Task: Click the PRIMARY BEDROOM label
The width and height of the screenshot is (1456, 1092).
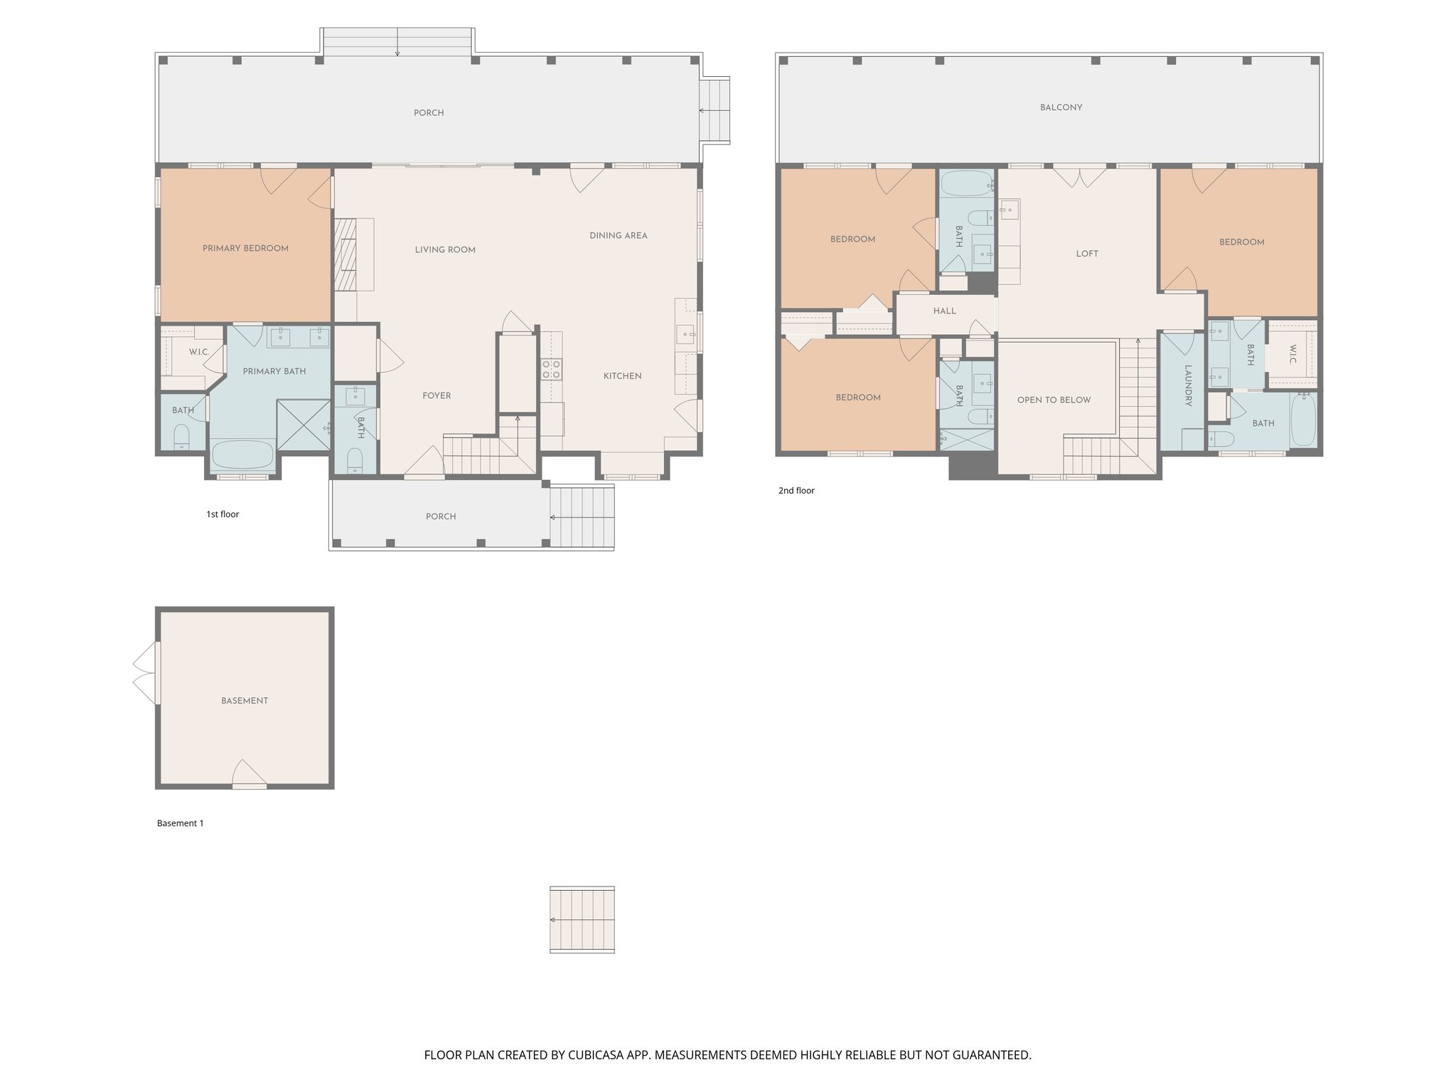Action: [x=245, y=248]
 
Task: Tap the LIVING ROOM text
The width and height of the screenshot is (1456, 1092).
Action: [x=445, y=250]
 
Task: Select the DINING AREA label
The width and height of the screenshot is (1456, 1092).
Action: [x=618, y=235]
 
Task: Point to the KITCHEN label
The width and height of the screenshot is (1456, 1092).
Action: [x=622, y=376]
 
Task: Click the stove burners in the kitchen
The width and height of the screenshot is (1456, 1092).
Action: [x=551, y=369]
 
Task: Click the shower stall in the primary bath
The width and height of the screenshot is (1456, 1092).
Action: [x=304, y=425]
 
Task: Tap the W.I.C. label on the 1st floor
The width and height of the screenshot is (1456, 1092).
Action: [x=198, y=352]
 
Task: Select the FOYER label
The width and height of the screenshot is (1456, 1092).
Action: [x=437, y=396]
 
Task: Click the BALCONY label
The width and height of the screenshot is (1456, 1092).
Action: [x=1061, y=107]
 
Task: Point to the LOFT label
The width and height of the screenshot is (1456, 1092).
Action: [x=1086, y=254]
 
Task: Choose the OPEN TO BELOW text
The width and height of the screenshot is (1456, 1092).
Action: [x=1054, y=400]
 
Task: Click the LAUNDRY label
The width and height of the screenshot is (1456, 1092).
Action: [x=1187, y=385]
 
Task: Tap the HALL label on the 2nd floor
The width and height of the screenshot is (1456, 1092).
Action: [x=944, y=311]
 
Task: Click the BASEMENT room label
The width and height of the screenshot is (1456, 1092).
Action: [x=245, y=700]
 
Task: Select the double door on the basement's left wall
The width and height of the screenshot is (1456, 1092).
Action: [x=146, y=674]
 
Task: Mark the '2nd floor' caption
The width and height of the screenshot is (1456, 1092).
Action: [x=796, y=491]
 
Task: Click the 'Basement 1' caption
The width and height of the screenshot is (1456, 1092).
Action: [x=180, y=823]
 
